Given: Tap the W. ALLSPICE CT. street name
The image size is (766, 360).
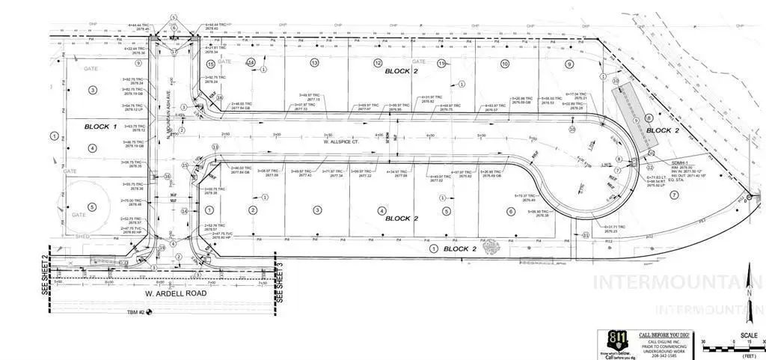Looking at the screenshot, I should click(x=337, y=141).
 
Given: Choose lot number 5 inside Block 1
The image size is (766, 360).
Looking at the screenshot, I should click(x=92, y=207).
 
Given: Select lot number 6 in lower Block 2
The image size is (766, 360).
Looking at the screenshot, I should click(x=511, y=211).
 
